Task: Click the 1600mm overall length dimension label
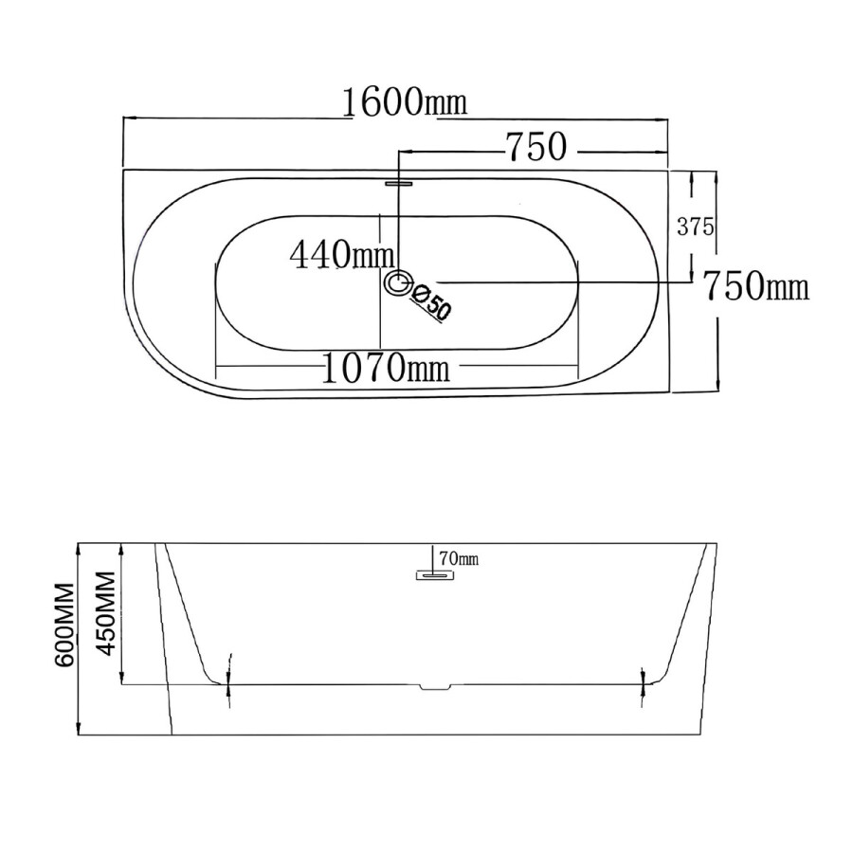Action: click(x=405, y=101)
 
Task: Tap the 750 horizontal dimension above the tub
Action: click(x=536, y=147)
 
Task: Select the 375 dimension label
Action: click(x=696, y=227)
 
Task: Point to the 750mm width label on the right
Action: click(x=756, y=286)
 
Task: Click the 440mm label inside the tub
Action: click(x=341, y=255)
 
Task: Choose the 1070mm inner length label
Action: click(x=387, y=367)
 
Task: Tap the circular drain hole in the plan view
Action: click(x=399, y=282)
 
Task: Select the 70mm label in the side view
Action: click(x=459, y=558)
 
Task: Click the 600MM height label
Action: click(x=64, y=626)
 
